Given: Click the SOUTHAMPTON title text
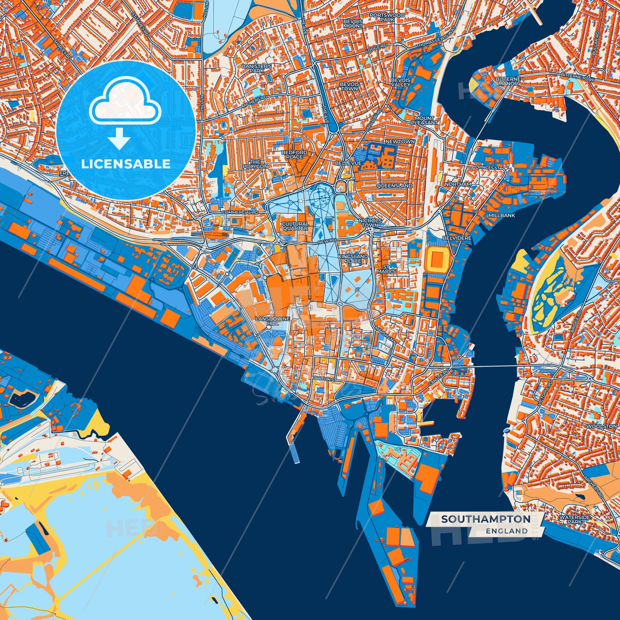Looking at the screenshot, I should (x=486, y=519).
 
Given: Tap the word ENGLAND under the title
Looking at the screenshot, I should (x=507, y=531).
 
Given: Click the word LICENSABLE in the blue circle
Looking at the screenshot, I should (x=126, y=164).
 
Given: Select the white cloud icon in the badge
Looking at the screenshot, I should (x=125, y=103).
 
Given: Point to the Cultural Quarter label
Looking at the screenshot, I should (x=295, y=226).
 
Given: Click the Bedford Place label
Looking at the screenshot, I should (x=294, y=155).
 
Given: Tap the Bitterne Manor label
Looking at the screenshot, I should (x=508, y=82).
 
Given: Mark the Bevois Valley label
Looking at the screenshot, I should (x=400, y=82).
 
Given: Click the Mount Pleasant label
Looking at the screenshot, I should (x=424, y=121).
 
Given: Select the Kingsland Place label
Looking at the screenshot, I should (x=353, y=259).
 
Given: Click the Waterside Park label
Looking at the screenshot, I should (x=575, y=520).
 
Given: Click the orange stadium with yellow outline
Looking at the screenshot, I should (x=437, y=259).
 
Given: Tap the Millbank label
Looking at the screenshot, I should (x=501, y=215).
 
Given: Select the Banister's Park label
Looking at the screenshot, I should (x=257, y=68).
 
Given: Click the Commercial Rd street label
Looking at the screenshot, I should (x=240, y=212).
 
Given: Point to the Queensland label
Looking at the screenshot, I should (x=394, y=186).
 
